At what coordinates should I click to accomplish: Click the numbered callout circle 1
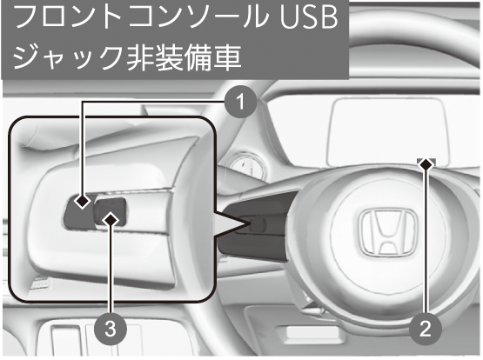click(x=240, y=101)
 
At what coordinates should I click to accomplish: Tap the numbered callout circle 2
click(x=426, y=329)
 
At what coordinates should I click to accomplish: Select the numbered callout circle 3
click(x=111, y=329)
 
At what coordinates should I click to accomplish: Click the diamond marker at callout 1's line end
click(x=83, y=202)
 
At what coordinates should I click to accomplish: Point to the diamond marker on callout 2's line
click(x=426, y=164)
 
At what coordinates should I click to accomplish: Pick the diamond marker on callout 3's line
click(x=111, y=220)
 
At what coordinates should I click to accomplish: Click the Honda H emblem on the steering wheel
click(x=387, y=232)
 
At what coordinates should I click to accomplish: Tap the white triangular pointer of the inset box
click(x=231, y=223)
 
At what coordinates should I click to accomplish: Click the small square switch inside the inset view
click(x=111, y=211)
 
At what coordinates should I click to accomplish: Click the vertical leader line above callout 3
click(x=111, y=270)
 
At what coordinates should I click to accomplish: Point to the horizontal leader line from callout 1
click(x=153, y=102)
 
